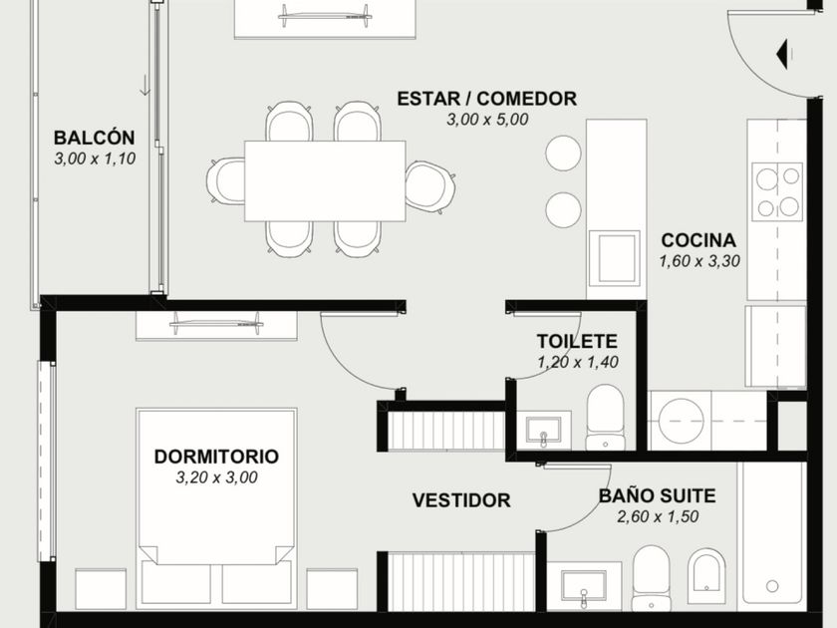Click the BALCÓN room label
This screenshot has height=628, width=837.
coord(94,138)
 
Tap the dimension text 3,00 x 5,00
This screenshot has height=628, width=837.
coord(487,120)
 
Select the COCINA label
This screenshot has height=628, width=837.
coord(698,240)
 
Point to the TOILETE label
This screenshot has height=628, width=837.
coord(577,341)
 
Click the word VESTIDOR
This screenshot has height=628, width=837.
coord(461,500)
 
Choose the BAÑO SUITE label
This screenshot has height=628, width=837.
coord(657,495)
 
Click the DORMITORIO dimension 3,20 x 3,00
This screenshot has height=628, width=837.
coord(217,477)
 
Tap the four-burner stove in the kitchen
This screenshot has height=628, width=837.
coord(777,192)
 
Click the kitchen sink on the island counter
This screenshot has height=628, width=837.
coord(614,258)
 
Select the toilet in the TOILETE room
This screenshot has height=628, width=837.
coord(605,417)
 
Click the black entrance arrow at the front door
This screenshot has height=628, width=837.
coord(782,54)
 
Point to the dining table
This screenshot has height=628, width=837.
coord(325,181)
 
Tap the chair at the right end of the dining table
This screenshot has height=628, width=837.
coord(430,187)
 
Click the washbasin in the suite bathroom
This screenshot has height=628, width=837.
coord(584,586)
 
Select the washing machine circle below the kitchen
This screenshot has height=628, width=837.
coord(681,420)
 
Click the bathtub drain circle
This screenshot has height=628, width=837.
coord(772,586)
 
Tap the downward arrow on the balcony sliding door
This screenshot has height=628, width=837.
coord(144,86)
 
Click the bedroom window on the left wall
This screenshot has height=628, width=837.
coord(46,461)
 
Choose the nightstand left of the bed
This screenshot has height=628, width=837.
coord(101,589)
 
